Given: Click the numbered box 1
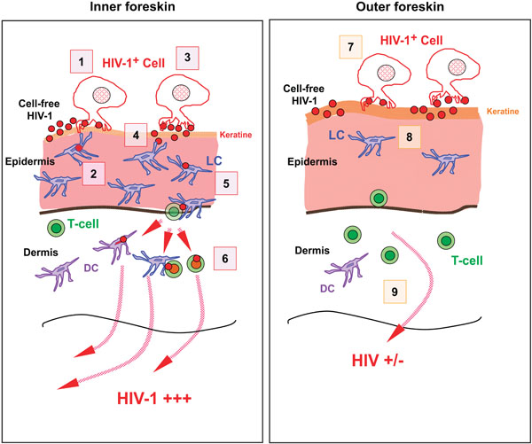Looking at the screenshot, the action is coord(82,61).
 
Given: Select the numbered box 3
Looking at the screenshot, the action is coord(187,58).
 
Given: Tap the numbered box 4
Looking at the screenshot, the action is coord(136,135).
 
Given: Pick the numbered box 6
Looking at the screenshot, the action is coord(225,259).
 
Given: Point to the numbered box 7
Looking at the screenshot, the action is coord(351,47).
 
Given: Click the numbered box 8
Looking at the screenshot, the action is coord(410,137).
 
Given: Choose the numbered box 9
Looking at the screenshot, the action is coord(395,292).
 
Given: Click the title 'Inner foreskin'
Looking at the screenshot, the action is coord(132,7).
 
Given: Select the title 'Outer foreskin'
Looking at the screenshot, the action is coord(400,7).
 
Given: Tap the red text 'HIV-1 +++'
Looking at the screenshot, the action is coord(154,398).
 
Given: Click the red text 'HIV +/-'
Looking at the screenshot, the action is coord(378,361).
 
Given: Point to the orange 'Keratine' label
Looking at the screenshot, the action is coord(503,112).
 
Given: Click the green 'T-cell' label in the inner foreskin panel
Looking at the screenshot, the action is coord(83,224).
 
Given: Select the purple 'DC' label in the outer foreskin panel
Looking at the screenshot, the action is coord(328,288).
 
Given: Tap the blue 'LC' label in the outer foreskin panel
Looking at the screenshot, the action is coord(337,136).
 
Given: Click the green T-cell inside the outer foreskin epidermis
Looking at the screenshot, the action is coord(379,199).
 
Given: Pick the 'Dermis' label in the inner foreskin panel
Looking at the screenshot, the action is coord(41,253).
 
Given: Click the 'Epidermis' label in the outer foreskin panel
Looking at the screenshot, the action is coord(312,161).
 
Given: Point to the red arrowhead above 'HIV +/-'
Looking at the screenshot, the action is coord(394,334).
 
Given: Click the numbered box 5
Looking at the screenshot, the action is coord(226,183).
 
